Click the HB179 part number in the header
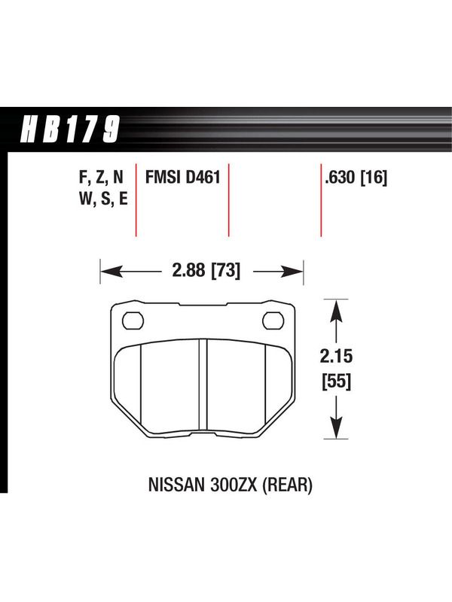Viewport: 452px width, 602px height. tap(70, 129)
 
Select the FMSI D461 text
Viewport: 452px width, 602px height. tap(182, 178)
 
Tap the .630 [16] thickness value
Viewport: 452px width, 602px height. tap(356, 178)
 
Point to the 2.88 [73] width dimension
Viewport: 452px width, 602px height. tap(206, 271)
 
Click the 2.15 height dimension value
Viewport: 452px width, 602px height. tap(336, 356)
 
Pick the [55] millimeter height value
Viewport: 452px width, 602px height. tap(336, 382)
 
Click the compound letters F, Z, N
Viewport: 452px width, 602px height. tap(101, 178)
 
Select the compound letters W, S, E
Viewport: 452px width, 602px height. tap(103, 199)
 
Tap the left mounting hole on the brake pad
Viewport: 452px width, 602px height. tap(133, 321)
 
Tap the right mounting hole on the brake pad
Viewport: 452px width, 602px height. tap(273, 321)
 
